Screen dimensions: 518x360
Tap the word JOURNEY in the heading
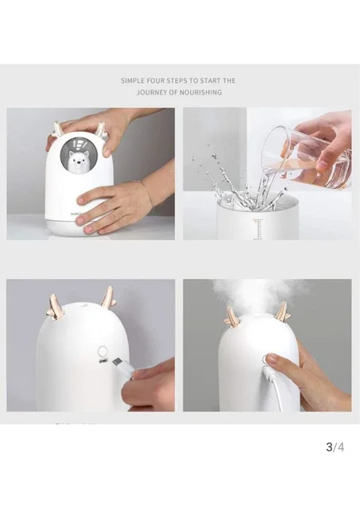point(151,92)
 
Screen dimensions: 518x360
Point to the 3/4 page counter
point(335,446)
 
